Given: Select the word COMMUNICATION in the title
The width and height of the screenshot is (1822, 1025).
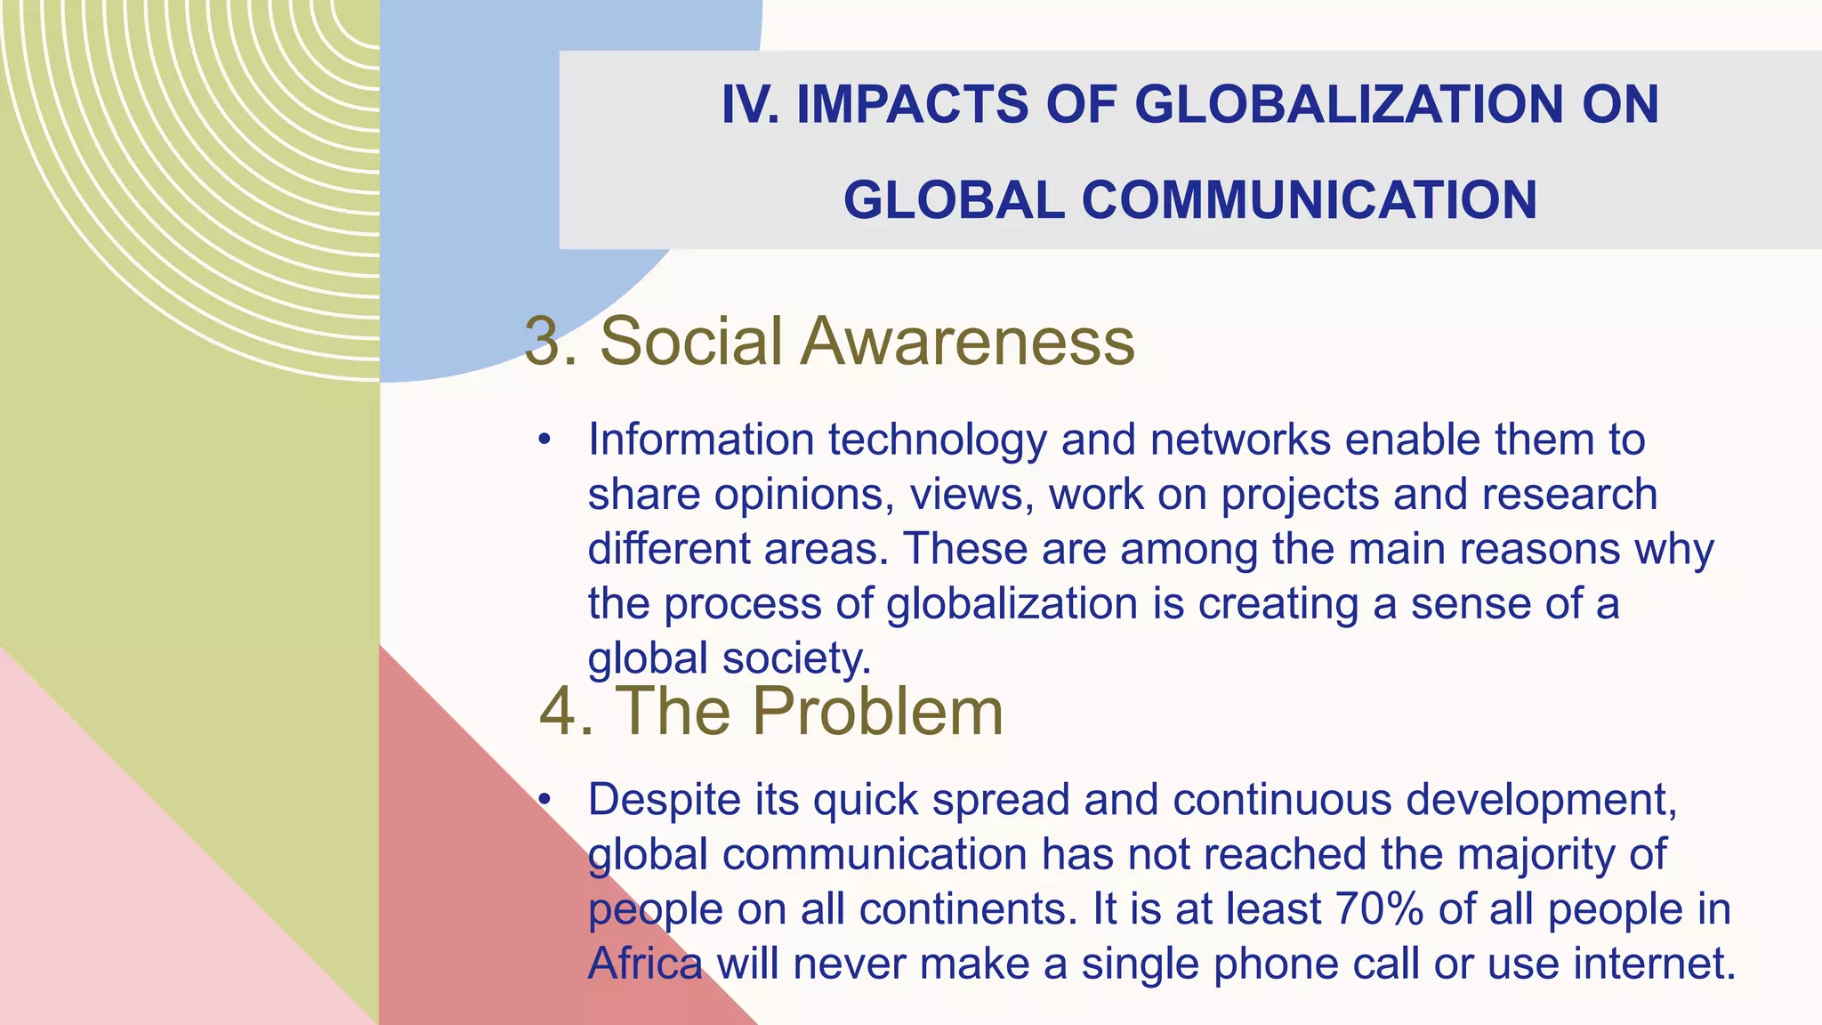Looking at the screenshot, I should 1309,199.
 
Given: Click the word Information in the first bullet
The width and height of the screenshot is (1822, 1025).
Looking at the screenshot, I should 701,440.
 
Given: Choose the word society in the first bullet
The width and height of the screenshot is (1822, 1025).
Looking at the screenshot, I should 795,659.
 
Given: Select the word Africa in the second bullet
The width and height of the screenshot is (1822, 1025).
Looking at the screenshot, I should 645,964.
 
